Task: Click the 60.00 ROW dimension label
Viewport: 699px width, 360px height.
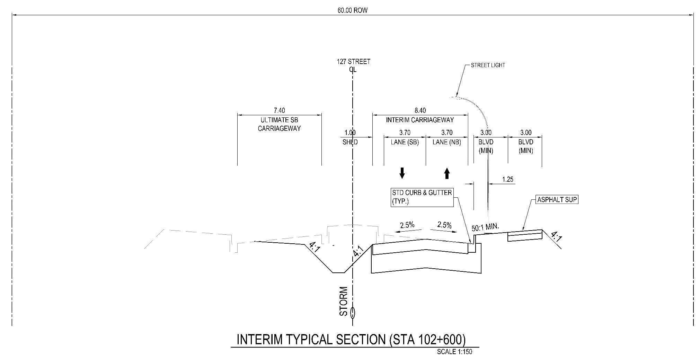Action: (x=352, y=10)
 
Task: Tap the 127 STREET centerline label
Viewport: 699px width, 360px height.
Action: (x=353, y=62)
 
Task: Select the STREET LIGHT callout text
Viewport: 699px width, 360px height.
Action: (x=488, y=65)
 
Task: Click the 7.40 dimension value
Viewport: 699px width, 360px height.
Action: (x=279, y=110)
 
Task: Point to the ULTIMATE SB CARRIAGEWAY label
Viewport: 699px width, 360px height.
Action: (x=279, y=124)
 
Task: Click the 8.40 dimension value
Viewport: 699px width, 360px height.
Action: (x=420, y=110)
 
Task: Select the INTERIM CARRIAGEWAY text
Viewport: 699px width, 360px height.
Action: (x=420, y=120)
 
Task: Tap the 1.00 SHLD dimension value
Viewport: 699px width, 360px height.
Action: (x=350, y=133)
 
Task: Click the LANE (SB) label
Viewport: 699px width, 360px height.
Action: (x=405, y=142)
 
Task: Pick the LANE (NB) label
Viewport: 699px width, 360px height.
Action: (x=447, y=142)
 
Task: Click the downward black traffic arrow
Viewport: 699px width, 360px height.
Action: (x=402, y=173)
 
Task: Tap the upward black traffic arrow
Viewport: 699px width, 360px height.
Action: (x=447, y=173)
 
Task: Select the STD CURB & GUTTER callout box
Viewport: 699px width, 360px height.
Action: (x=422, y=197)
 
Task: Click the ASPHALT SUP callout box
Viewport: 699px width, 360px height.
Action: (x=557, y=200)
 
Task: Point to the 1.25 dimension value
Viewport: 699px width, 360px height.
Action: (x=507, y=180)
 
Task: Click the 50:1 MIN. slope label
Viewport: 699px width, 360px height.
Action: (x=485, y=227)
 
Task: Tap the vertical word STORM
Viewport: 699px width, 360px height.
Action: (x=343, y=301)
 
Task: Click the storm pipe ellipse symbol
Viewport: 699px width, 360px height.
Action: (x=353, y=313)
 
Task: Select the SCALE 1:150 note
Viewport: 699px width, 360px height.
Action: (x=454, y=352)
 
